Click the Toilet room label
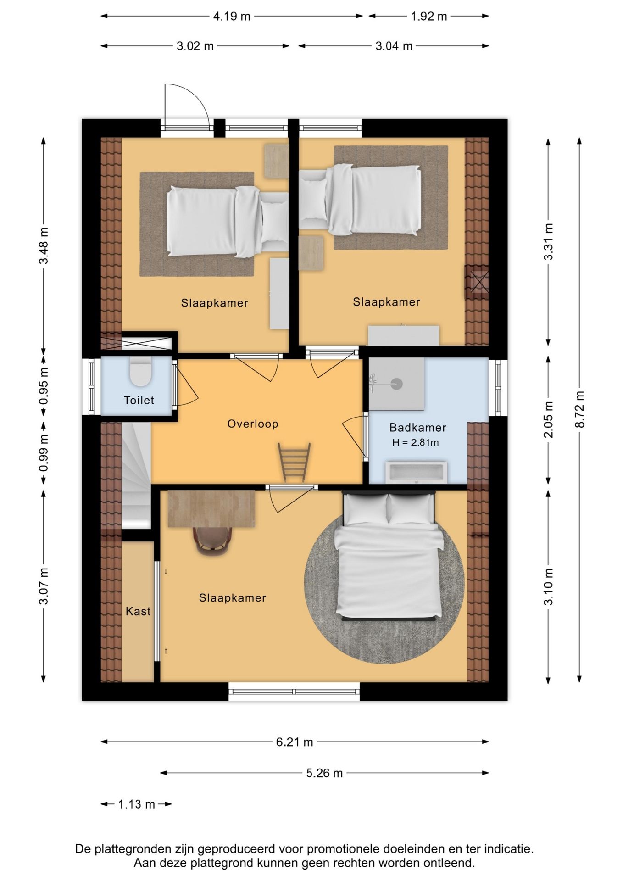tap(139, 400)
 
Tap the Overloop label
tap(253, 424)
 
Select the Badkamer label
tap(417, 428)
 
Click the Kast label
tap(138, 611)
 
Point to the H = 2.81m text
tap(416, 443)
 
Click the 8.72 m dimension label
tap(580, 410)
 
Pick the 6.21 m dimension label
tap(295, 742)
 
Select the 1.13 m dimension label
tap(137, 804)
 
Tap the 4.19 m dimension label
tap(232, 17)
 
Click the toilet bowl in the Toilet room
tap(140, 371)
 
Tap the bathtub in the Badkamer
tap(416, 472)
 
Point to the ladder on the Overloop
tap(294, 462)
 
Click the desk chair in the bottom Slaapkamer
tap(212, 541)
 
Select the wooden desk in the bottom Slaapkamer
tap(211, 508)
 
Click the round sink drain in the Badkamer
tap(396, 384)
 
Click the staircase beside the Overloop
tap(136, 476)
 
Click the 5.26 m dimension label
tap(325, 773)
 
